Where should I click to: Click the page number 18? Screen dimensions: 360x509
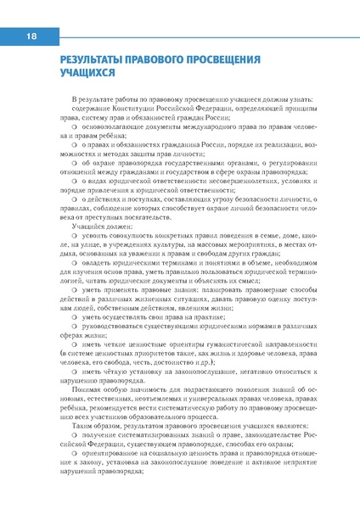31,36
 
